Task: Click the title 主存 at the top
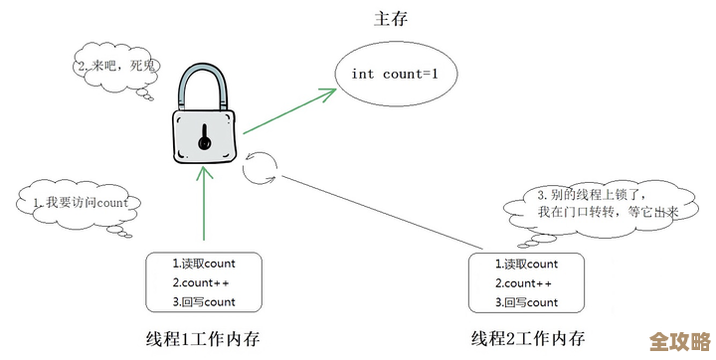[391, 18]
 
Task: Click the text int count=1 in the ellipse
[391, 75]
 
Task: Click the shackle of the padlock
[205, 86]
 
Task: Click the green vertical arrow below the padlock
[204, 204]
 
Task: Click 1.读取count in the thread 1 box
[204, 264]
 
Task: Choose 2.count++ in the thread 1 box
[204, 282]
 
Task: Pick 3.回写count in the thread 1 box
[204, 301]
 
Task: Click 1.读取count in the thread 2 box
[527, 264]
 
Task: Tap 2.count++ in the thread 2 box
[527, 282]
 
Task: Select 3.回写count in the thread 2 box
[527, 301]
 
